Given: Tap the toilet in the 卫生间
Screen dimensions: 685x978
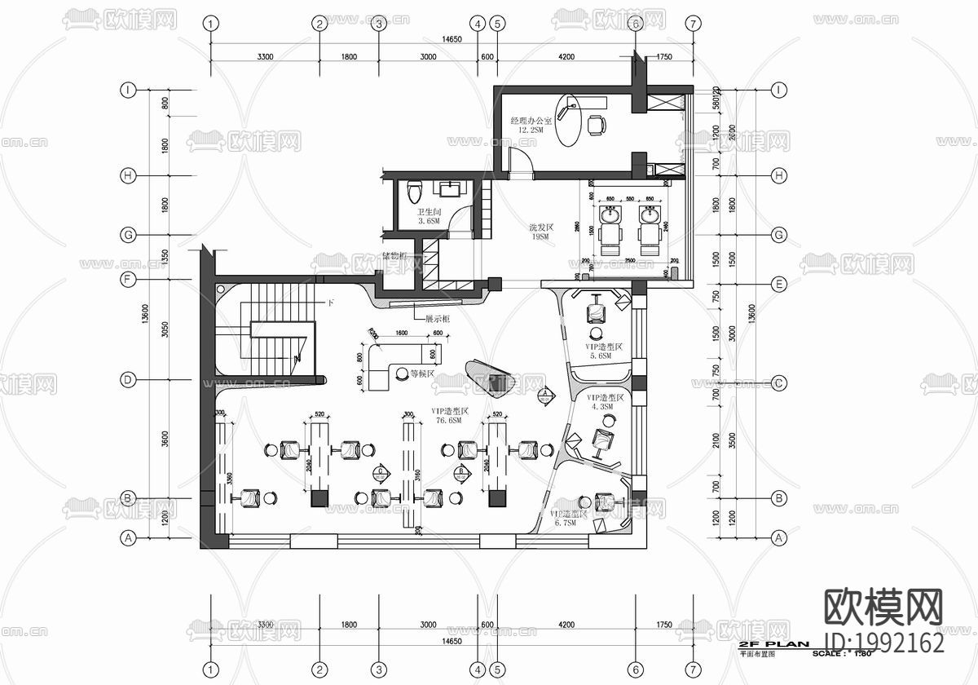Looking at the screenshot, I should (x=413, y=191).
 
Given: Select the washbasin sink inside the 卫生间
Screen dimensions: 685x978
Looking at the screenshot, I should (x=449, y=190).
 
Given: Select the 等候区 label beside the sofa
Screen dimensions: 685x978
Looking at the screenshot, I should (x=423, y=374).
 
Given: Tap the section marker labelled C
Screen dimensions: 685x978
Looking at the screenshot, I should (x=381, y=471).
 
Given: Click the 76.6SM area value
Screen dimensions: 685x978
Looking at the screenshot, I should (x=447, y=421).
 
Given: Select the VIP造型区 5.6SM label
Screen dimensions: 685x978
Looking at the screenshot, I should (x=605, y=351).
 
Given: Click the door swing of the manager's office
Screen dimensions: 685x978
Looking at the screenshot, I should (x=521, y=161).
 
